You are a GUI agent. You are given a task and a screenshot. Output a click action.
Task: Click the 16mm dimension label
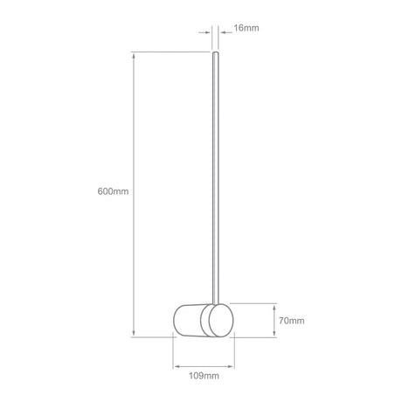(x=246, y=28)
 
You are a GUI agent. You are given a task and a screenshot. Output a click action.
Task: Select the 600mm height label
(x=113, y=191)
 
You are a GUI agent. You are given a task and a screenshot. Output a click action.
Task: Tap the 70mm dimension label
(x=292, y=321)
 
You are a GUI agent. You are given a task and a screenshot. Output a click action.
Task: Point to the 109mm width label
(x=204, y=376)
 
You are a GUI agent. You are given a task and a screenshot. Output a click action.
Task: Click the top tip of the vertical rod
(x=216, y=52)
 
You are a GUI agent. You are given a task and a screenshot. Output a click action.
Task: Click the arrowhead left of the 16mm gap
(x=208, y=32)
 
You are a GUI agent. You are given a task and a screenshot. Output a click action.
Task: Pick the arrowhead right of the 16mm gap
(x=223, y=32)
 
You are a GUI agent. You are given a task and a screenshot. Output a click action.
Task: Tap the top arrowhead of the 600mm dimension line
(x=134, y=56)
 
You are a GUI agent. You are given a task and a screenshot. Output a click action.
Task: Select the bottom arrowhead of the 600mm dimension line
(x=134, y=334)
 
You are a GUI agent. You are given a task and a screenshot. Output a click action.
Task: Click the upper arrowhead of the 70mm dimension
(x=274, y=307)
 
